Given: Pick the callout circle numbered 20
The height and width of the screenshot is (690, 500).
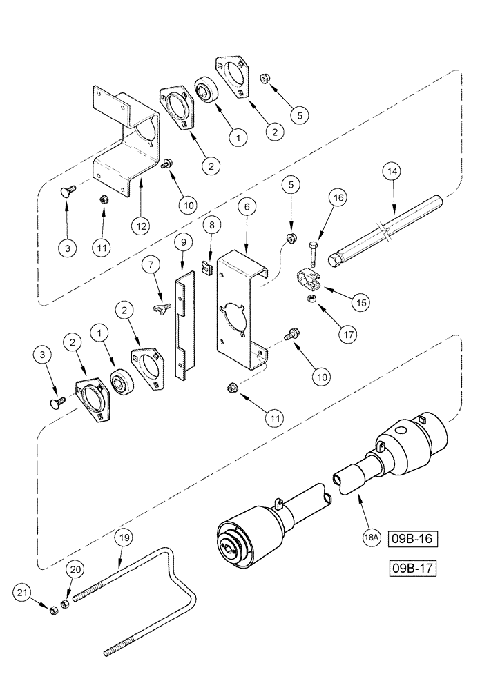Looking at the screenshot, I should [77, 569].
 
